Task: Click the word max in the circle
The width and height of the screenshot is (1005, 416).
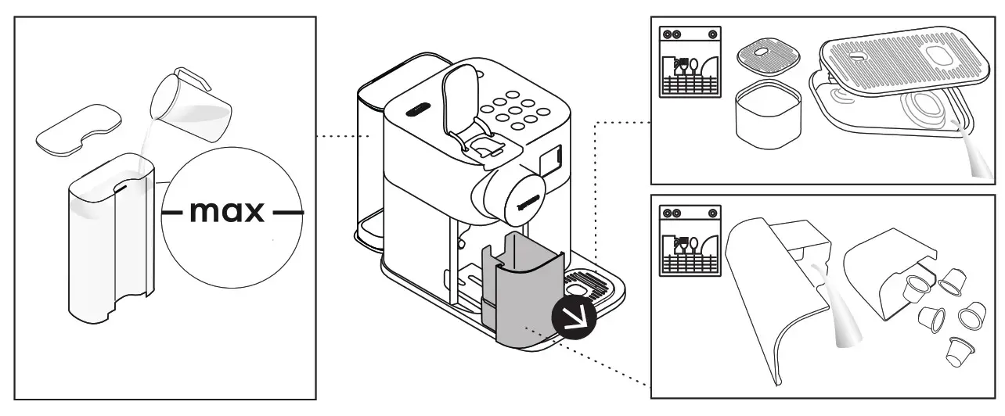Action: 228,212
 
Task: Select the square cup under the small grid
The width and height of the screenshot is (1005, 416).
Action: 766,118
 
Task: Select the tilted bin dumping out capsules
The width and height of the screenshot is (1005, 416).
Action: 884,274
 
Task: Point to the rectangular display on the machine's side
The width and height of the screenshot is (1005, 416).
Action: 554,160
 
